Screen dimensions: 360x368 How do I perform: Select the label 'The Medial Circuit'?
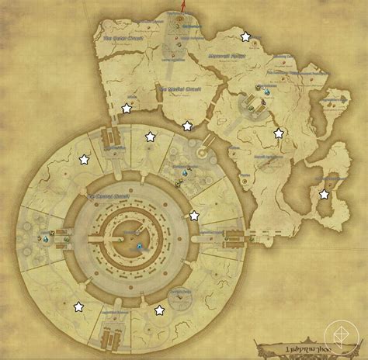pyautogui.click(x=179, y=89)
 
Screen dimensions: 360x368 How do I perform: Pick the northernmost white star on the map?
pyautogui.click(x=246, y=36)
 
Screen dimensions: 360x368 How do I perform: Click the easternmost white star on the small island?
pyautogui.click(x=323, y=195)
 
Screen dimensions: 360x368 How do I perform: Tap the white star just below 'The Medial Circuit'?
pyautogui.click(x=186, y=126)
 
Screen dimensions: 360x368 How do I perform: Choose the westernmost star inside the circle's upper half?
pyautogui.click(x=84, y=160)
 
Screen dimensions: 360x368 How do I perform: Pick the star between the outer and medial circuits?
pyautogui.click(x=127, y=109)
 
